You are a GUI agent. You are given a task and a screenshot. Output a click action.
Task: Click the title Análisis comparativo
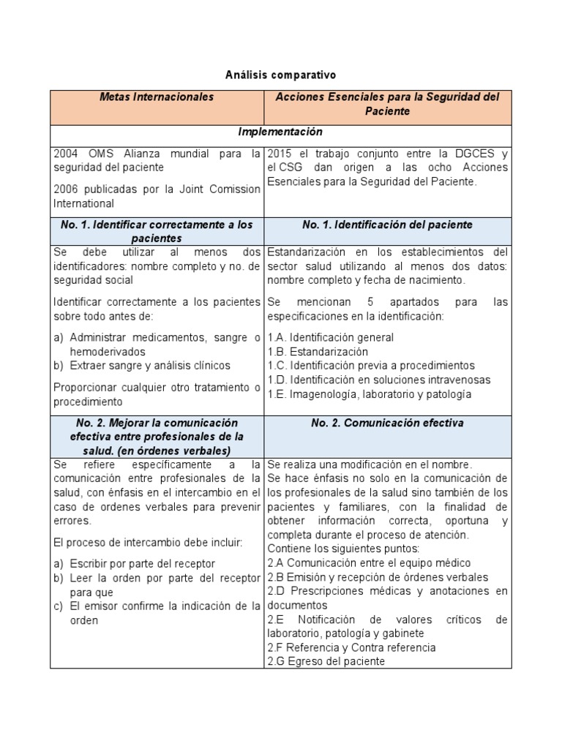click(x=280, y=75)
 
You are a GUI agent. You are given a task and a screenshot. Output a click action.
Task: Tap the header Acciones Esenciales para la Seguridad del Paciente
click(x=387, y=104)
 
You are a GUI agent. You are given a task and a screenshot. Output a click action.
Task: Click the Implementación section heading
click(x=280, y=132)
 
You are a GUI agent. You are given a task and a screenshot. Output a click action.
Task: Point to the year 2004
click(x=67, y=154)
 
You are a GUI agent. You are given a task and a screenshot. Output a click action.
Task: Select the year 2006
click(x=67, y=189)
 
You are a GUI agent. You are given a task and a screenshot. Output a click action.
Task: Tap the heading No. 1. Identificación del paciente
click(x=387, y=225)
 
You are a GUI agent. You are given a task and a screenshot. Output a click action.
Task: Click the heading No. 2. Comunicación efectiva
click(x=387, y=423)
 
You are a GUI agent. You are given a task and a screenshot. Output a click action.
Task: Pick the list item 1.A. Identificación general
click(x=330, y=337)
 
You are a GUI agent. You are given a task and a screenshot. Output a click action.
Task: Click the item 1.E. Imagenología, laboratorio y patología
click(x=369, y=394)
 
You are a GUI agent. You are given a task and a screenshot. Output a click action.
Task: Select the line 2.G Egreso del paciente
click(x=326, y=662)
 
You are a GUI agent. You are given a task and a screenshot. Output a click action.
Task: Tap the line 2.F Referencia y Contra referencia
click(x=351, y=647)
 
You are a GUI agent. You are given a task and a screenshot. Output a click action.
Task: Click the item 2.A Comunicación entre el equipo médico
click(x=369, y=563)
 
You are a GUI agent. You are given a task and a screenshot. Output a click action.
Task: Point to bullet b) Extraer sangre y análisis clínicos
click(x=142, y=366)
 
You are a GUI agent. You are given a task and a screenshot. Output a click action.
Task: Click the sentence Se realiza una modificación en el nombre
click(x=370, y=464)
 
